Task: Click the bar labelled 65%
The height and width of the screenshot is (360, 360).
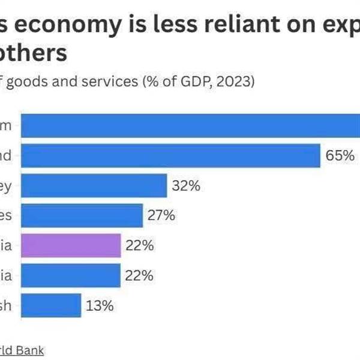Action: (171, 156)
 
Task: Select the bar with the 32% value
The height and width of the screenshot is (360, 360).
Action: (94, 186)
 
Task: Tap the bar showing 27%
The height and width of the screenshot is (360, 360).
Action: (82, 215)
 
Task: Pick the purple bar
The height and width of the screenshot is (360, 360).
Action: (71, 245)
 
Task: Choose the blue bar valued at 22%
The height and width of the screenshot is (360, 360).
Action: (71, 275)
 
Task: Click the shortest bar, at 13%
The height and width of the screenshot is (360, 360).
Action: (52, 305)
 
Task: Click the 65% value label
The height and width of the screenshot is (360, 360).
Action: (340, 156)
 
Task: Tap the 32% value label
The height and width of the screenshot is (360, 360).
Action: (185, 186)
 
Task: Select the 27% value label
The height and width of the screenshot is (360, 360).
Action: (161, 215)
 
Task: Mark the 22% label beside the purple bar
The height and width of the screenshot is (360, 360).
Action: (140, 245)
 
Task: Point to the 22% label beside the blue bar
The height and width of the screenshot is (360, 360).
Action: (140, 275)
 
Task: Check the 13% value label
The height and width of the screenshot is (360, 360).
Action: (100, 305)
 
